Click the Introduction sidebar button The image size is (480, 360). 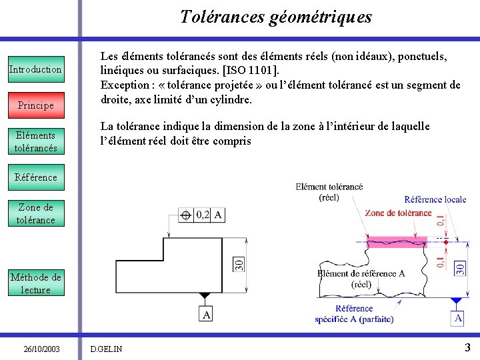click(35, 69)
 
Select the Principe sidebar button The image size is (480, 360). click(35, 105)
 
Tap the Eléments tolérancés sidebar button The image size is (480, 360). click(35, 141)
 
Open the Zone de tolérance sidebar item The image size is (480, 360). click(35, 213)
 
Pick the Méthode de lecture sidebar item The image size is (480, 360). click(35, 283)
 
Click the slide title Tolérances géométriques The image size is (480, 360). click(276, 17)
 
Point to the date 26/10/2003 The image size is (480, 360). click(41, 349)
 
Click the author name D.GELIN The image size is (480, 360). click(107, 349)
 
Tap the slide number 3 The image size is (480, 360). click(467, 347)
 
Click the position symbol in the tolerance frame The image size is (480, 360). click(186, 215)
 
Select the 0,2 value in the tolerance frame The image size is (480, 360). click(202, 215)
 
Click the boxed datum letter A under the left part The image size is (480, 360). click(207, 315)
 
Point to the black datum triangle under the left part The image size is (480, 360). click(205, 295)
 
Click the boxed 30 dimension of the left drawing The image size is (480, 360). click(239, 265)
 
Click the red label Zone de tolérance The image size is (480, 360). click(398, 213)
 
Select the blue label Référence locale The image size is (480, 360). click(435, 199)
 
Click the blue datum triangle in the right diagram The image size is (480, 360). click(457, 301)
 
